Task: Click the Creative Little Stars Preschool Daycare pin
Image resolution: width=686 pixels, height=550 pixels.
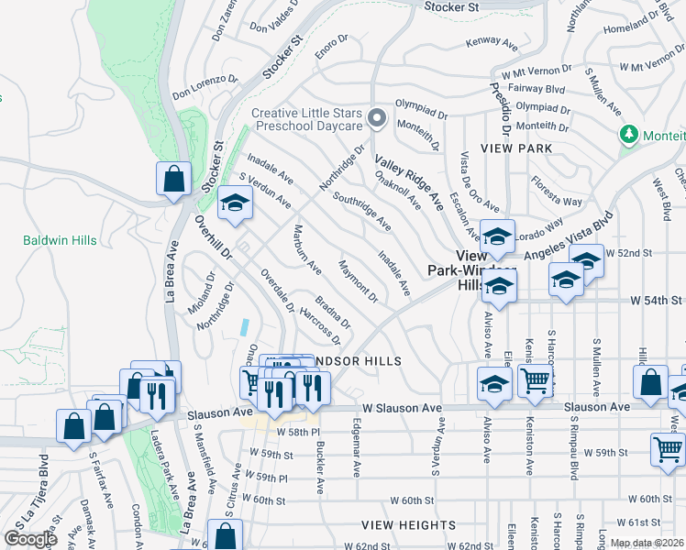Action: tap(376, 118)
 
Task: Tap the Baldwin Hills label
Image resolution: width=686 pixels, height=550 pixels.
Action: tap(60, 240)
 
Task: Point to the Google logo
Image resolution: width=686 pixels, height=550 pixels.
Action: tap(30, 539)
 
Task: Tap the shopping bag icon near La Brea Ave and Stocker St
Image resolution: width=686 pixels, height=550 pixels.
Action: tap(173, 180)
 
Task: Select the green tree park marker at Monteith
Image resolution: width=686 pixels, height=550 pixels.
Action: tap(629, 135)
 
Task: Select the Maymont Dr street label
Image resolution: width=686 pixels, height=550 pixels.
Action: tap(359, 280)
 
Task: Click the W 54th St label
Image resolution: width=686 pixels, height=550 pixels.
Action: tap(656, 300)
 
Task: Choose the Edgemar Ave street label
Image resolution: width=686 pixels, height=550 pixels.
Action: tap(357, 447)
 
